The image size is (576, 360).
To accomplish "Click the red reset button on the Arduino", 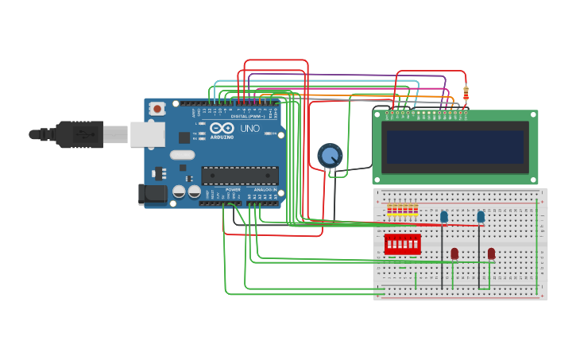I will (157, 108).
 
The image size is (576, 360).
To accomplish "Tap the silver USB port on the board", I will (147, 135).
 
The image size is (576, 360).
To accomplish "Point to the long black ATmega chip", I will (240, 176).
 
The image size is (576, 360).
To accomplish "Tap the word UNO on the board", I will (249, 129).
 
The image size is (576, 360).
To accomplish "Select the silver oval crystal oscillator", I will (182, 155).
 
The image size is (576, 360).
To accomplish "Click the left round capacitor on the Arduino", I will (180, 192).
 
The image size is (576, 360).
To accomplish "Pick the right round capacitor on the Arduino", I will (194, 192).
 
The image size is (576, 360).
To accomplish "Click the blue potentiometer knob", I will (330, 155).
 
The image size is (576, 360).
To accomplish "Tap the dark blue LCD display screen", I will (454, 147).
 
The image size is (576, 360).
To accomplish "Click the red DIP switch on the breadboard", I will (402, 244).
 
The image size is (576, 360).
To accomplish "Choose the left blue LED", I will (444, 216).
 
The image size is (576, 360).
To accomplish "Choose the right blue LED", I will (481, 216).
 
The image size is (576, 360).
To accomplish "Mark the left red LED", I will (454, 254).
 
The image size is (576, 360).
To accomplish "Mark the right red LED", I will (491, 254).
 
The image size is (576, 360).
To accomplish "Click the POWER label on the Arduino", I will (233, 190).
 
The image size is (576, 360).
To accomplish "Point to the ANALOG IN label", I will (265, 190).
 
